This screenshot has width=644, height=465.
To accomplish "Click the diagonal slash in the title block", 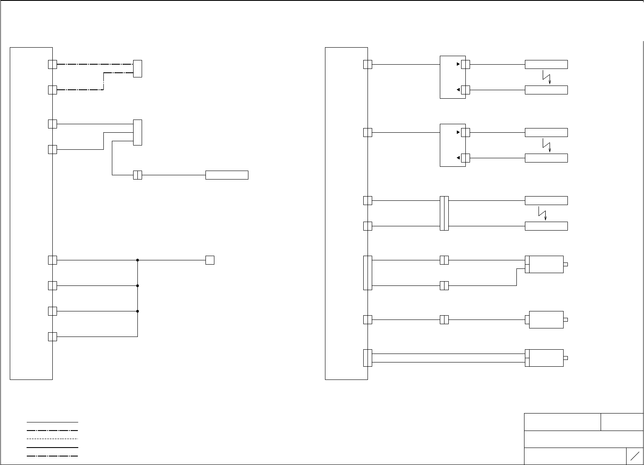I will click(635, 456).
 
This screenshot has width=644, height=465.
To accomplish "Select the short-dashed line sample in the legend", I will click(52, 439).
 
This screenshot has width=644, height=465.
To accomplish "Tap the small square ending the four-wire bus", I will click(210, 260).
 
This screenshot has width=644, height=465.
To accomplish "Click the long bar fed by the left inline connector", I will click(227, 175).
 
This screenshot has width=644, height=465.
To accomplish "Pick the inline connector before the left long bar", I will click(137, 175).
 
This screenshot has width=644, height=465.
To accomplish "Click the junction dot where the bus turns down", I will click(137, 260).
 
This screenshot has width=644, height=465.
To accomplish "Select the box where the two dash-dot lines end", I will click(137, 68).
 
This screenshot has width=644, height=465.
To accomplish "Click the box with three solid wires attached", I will click(137, 132).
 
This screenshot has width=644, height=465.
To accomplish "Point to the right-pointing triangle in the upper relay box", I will click(458, 64).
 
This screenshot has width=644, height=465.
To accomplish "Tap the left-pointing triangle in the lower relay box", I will click(458, 158).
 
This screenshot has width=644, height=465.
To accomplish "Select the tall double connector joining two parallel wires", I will click(444, 213).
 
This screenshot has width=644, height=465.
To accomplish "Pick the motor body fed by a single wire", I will click(546, 320).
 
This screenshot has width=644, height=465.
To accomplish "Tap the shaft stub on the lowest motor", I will click(566, 358).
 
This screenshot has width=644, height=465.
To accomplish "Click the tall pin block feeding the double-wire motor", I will click(368, 358).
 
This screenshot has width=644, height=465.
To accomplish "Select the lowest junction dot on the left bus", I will click(137, 311).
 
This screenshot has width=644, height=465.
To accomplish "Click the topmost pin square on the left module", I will click(52, 64).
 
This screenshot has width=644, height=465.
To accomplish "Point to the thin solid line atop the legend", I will click(52, 422).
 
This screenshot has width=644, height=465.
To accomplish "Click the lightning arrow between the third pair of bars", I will click(542, 214).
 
